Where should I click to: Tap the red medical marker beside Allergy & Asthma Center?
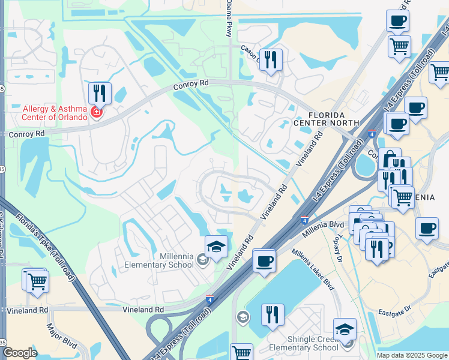pyautogui.click(x=96, y=112)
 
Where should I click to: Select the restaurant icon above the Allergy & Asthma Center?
pyautogui.click(x=100, y=94)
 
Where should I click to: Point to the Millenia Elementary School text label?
pyautogui.click(x=159, y=260)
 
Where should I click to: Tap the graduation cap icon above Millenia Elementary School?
pyautogui.click(x=216, y=246)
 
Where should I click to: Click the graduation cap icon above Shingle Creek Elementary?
pyautogui.click(x=345, y=329)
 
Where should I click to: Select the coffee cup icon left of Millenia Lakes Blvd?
pyautogui.click(x=264, y=261)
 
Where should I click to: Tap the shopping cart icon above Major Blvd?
pyautogui.click(x=37, y=280)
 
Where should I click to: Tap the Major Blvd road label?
pyautogui.click(x=62, y=338)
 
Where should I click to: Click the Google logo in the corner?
pyautogui.click(x=20, y=353)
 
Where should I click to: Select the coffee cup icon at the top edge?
pyautogui.click(x=397, y=22)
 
